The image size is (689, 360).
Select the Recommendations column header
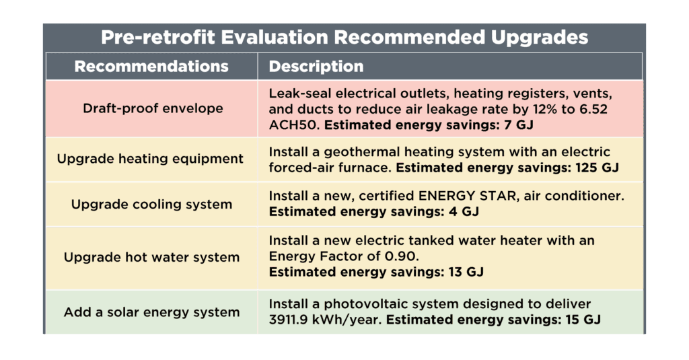coord(151,67)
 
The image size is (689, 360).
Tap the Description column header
coord(316,67)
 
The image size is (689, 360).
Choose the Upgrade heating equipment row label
coord(151,159)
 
